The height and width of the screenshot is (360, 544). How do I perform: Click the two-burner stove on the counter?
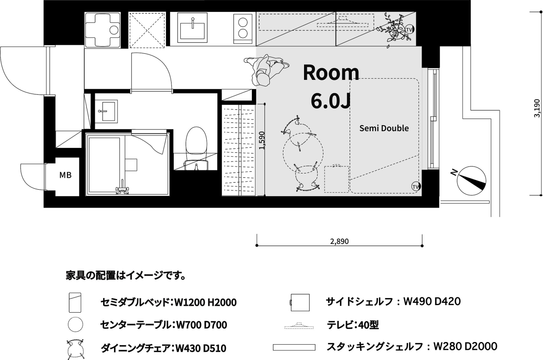[243, 28]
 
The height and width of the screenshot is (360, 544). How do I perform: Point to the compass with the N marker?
[471, 180]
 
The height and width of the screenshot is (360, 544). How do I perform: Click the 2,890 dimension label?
[339, 241]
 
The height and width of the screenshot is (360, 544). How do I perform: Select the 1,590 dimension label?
[262, 140]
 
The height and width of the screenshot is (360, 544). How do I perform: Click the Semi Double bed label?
[384, 128]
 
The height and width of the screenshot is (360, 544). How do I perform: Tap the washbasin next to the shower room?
[106, 111]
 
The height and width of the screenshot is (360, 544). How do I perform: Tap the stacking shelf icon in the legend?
[294, 347]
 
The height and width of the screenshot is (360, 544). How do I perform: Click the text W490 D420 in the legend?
[432, 302]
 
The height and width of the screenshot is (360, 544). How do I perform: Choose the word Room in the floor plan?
[331, 72]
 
